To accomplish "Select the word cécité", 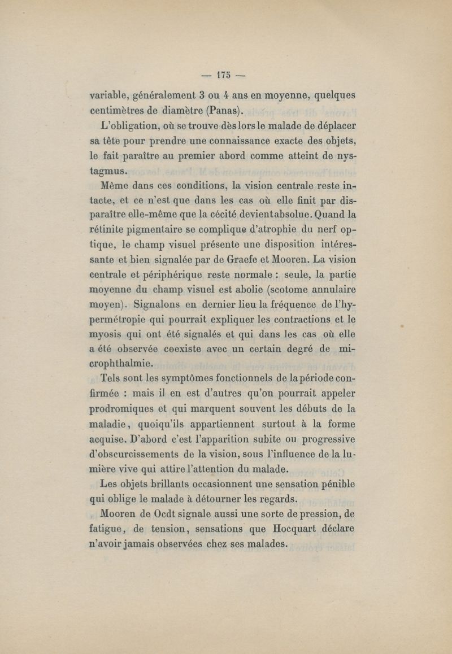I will tap(234, 215).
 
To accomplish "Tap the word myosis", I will tap(107, 335).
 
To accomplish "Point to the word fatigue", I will tap(108, 530).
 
